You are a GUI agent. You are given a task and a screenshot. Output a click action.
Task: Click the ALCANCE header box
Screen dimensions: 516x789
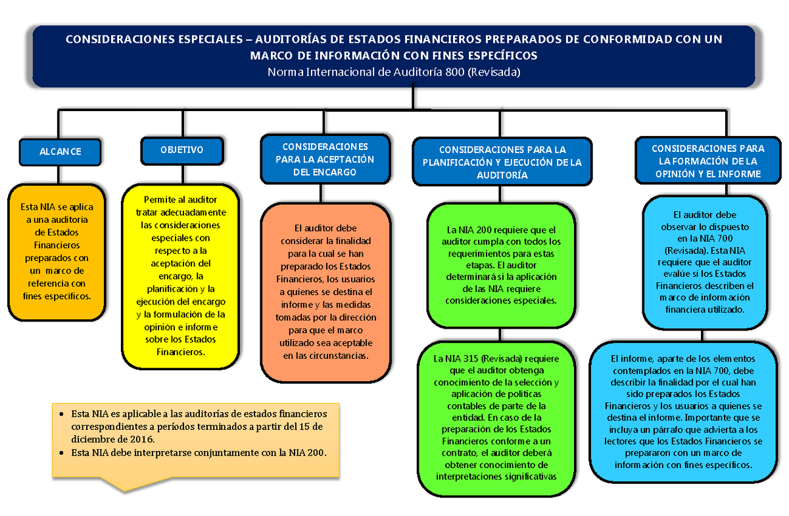[x=60, y=151]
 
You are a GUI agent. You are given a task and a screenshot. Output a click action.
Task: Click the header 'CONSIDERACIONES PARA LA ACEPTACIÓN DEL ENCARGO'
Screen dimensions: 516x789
[x=325, y=159]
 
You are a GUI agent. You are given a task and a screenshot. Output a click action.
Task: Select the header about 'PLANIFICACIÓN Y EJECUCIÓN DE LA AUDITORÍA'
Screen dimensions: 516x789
[x=502, y=162]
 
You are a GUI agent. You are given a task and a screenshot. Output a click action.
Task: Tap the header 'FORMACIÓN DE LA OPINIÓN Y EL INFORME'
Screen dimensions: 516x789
[x=707, y=162]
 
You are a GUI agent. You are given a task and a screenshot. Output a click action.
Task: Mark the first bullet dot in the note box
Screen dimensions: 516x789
[x=60, y=415]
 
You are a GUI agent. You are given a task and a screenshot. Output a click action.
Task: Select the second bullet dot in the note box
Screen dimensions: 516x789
[x=60, y=454]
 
